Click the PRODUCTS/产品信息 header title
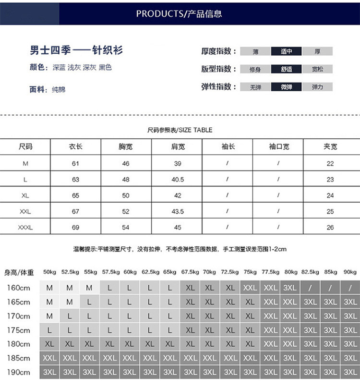click(179, 13)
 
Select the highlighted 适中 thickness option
click(287, 51)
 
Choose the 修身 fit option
click(255, 69)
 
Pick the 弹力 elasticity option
click(317, 87)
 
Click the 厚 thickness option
click(317, 51)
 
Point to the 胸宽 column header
click(126, 146)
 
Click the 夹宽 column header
click(330, 146)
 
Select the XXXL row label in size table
click(25, 227)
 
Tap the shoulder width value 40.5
click(178, 180)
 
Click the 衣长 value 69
click(75, 227)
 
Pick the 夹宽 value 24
click(330, 195)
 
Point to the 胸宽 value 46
click(126, 164)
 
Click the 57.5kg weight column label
click(110, 272)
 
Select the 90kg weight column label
click(350, 272)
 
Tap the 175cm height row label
click(19, 330)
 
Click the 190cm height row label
click(19, 372)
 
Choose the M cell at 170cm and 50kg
click(49, 316)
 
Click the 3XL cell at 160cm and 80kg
click(290, 288)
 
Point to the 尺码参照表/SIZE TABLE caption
click(180, 130)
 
